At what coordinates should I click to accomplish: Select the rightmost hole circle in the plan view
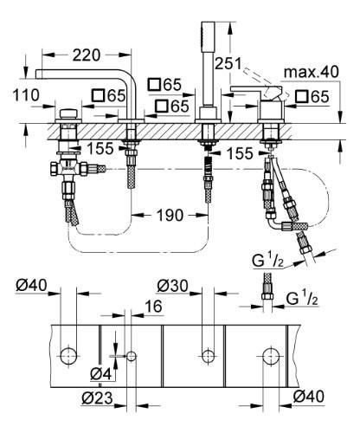click(x=269, y=354)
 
